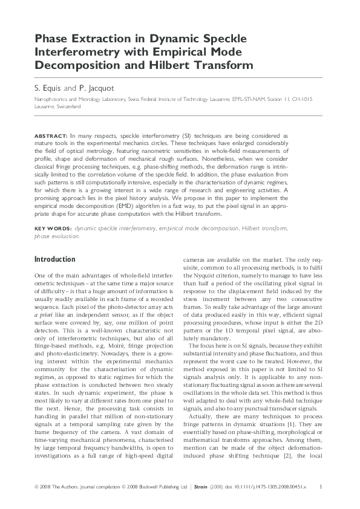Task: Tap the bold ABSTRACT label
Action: click(51, 137)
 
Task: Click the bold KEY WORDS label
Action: click(53, 229)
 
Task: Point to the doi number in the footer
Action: click(267, 487)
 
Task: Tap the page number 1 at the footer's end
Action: click(320, 487)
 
